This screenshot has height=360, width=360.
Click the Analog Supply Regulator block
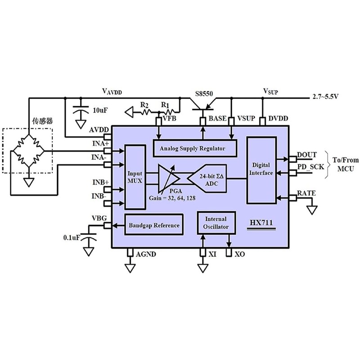[x=195, y=148]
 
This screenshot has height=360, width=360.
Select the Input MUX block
[x=135, y=177]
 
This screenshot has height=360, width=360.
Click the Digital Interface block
[x=261, y=170]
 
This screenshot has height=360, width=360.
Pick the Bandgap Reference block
[x=154, y=225]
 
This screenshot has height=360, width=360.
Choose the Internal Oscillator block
[x=216, y=223]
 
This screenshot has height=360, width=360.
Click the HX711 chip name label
[x=261, y=222]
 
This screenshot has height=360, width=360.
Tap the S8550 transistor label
[x=204, y=94]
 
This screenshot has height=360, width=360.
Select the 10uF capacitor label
[x=100, y=110]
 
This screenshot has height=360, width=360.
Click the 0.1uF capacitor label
[x=72, y=238]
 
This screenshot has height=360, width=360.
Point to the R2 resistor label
[x=144, y=105]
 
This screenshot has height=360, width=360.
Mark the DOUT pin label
[x=307, y=155]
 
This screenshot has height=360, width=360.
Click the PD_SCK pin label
[x=310, y=167]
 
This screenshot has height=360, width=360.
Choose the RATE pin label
[x=306, y=193]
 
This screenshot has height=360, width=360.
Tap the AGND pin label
[x=146, y=254]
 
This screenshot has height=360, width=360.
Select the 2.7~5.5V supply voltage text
[x=325, y=96]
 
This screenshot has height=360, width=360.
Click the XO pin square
[x=229, y=252]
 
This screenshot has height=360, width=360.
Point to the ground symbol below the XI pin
[x=203, y=268]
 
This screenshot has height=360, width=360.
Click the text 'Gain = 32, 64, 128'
[x=172, y=198]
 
